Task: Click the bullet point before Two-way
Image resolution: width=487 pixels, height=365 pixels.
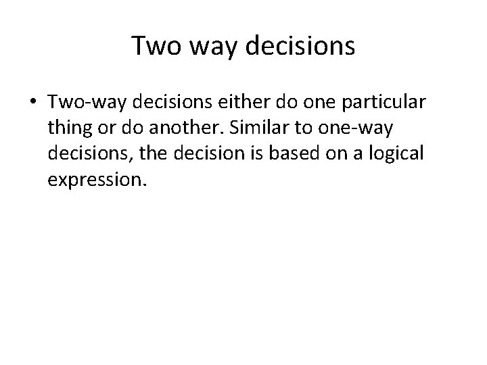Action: coord(34,104)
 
